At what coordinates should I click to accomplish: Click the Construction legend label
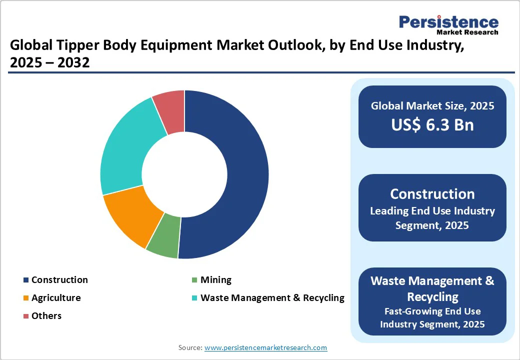click(x=59, y=280)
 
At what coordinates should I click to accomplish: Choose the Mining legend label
click(x=216, y=280)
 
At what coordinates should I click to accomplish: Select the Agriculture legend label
click(x=56, y=298)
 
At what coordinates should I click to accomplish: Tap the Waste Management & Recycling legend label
click(x=272, y=298)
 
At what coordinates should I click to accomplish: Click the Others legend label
click(x=46, y=316)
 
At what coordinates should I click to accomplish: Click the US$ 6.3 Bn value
click(x=432, y=125)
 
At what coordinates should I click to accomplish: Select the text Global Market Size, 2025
click(x=432, y=106)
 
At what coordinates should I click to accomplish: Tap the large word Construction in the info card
click(x=432, y=194)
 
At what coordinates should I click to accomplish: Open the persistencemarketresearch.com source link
click(x=266, y=347)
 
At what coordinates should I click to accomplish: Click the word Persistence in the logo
click(x=448, y=22)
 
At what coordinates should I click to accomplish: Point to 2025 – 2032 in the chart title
click(x=50, y=63)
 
